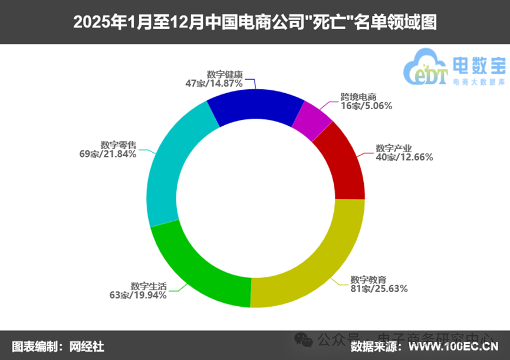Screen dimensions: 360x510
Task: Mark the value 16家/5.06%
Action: click(366, 106)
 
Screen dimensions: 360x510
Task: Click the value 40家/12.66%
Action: click(404, 157)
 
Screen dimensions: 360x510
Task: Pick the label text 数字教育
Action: click(368, 279)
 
